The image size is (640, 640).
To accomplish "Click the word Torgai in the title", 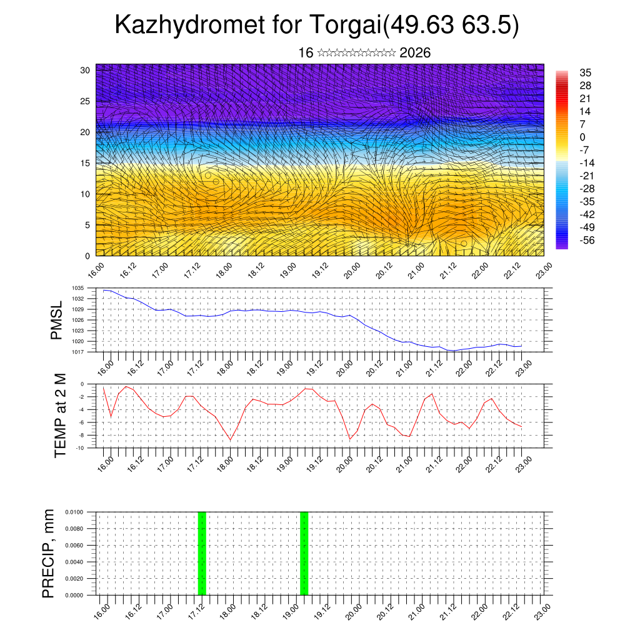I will (x=343, y=26).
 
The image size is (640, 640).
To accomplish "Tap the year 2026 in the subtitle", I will (x=415, y=53).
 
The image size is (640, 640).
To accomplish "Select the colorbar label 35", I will (x=586, y=72).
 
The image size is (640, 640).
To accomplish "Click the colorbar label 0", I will (x=583, y=137).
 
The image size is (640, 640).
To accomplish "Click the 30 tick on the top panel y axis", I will (x=85, y=70).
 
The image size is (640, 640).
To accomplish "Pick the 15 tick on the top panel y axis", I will (x=85, y=163).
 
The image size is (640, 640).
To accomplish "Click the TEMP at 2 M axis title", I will (x=60, y=416).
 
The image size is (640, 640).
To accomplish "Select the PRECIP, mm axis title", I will (x=48, y=553).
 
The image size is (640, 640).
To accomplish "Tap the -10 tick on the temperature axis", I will (x=80, y=448).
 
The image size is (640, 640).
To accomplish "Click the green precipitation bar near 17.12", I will (x=202, y=553).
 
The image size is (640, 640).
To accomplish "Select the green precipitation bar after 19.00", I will (x=304, y=553).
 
